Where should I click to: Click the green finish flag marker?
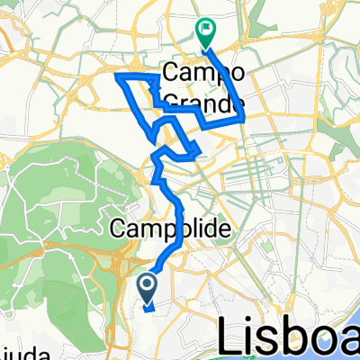(x=206, y=31)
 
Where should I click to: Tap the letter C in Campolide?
(x=118, y=230)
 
